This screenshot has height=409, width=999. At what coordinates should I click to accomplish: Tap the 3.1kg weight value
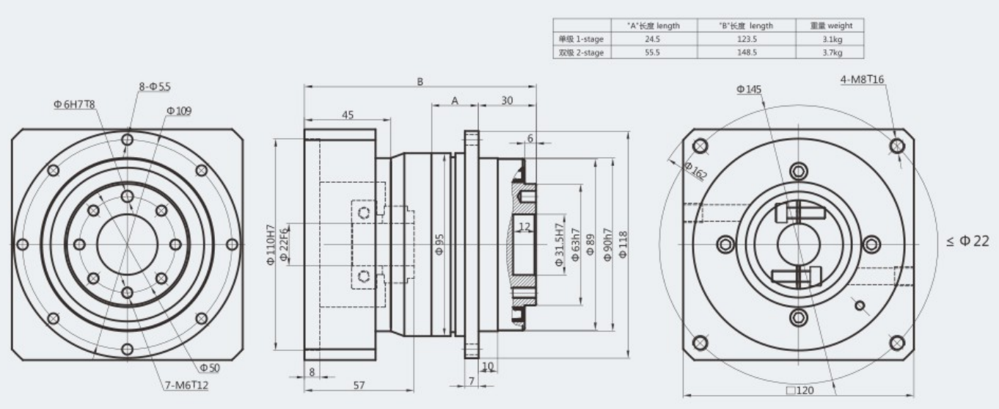click(830, 39)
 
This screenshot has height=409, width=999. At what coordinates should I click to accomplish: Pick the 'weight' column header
click(830, 26)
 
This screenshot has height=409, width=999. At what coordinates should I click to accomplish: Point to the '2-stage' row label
click(581, 52)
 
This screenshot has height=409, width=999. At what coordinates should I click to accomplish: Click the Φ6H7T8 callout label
click(73, 104)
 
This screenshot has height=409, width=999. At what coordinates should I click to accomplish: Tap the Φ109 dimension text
click(178, 111)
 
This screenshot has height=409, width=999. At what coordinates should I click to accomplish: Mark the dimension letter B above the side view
click(420, 82)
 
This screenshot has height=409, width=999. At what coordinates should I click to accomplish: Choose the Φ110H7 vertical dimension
click(271, 245)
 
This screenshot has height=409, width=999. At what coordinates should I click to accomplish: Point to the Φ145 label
click(749, 90)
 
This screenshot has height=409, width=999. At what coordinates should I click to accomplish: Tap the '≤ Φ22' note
click(971, 242)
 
